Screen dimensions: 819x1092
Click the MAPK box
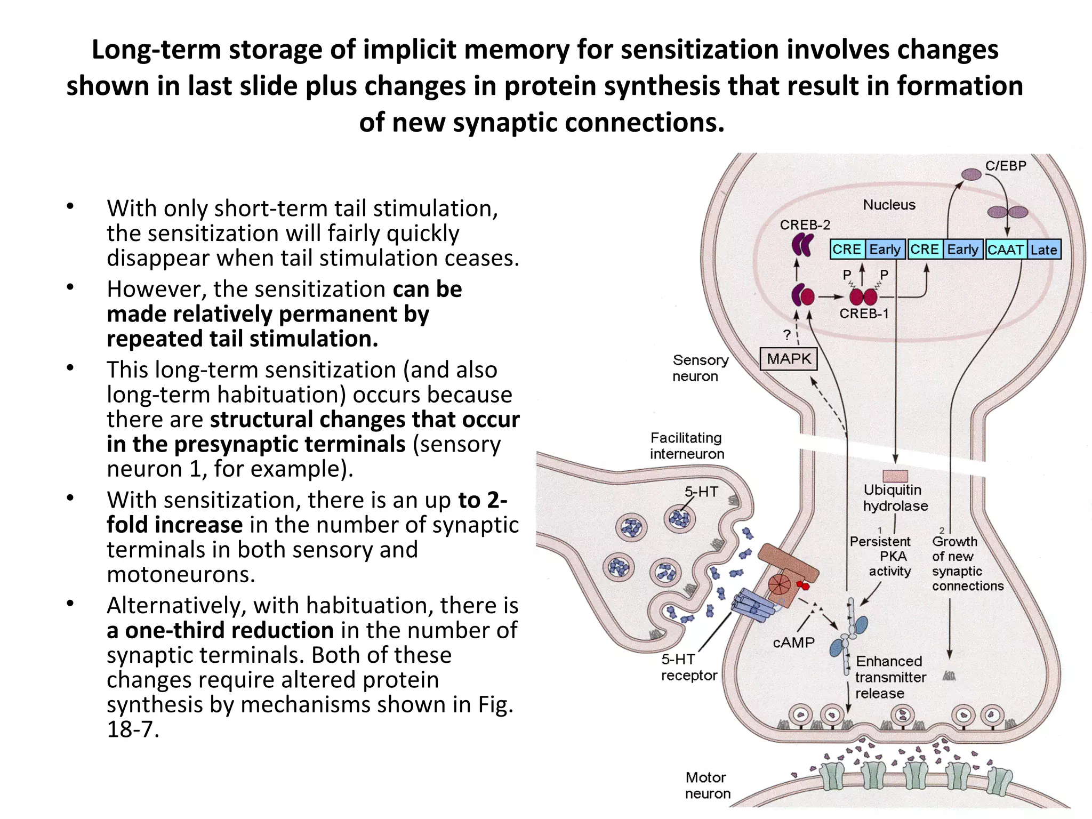click(x=788, y=358)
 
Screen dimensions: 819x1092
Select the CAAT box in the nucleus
click(x=1006, y=250)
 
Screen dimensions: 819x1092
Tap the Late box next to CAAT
click(x=1043, y=250)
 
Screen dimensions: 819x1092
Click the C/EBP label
click(x=1006, y=166)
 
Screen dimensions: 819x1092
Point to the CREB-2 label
click(x=805, y=225)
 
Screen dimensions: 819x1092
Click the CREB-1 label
click(x=864, y=314)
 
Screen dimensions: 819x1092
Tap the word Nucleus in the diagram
click(x=889, y=205)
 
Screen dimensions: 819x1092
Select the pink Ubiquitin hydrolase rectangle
click(x=895, y=476)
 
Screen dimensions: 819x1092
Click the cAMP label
click(x=793, y=643)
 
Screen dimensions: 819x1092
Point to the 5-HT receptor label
click(x=688, y=668)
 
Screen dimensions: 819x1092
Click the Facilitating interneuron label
click(x=687, y=446)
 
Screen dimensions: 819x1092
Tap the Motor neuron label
click(x=707, y=785)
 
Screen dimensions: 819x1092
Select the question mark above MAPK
click(x=787, y=335)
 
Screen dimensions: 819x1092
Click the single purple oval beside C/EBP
click(x=971, y=174)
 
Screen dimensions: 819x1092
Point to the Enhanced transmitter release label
click(x=889, y=677)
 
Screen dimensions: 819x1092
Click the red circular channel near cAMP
click(x=779, y=584)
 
